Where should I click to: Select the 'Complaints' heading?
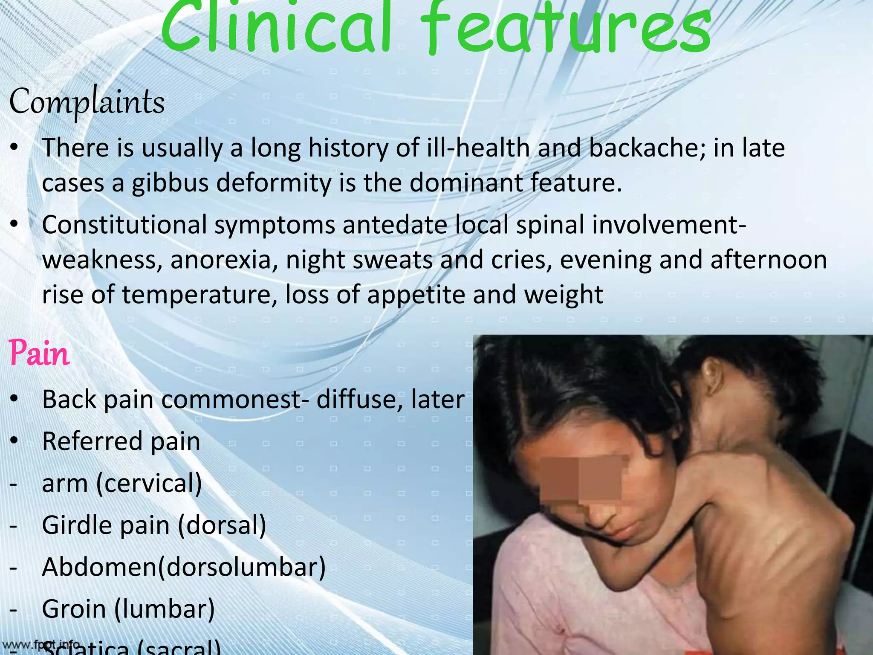[87, 102]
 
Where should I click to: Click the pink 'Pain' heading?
[39, 354]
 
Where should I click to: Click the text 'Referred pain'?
[121, 441]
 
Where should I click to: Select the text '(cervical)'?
[149, 484]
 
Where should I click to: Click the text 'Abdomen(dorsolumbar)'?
[184, 567]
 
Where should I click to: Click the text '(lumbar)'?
[165, 609]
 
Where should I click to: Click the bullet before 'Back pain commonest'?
[14, 399]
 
